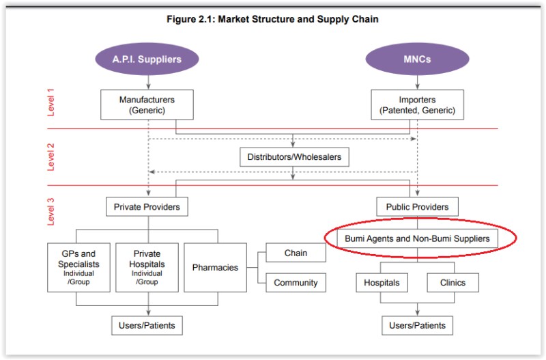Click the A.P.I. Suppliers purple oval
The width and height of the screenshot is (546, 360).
[x=147, y=59]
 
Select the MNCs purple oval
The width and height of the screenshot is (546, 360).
[x=417, y=59]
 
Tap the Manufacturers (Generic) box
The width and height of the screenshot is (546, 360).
[x=147, y=105]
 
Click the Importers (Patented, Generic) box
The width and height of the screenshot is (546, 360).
[x=417, y=105]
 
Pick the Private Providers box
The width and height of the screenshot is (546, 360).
[x=147, y=206]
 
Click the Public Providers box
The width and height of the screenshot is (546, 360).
[x=417, y=206]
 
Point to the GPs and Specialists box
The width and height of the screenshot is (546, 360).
[x=78, y=267]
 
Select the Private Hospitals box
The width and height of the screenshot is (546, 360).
[x=147, y=267]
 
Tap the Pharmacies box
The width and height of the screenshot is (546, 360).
[x=215, y=267]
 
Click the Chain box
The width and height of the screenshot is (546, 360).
[x=296, y=253]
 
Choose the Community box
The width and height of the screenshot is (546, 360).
[x=296, y=282]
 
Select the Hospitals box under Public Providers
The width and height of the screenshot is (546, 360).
[x=382, y=282]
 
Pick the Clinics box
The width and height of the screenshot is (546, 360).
[x=452, y=282]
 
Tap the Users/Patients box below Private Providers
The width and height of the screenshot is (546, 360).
[x=147, y=325]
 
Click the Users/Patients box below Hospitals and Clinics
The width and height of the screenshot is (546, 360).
[x=417, y=325]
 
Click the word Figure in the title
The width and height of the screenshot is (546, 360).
[x=182, y=19]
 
